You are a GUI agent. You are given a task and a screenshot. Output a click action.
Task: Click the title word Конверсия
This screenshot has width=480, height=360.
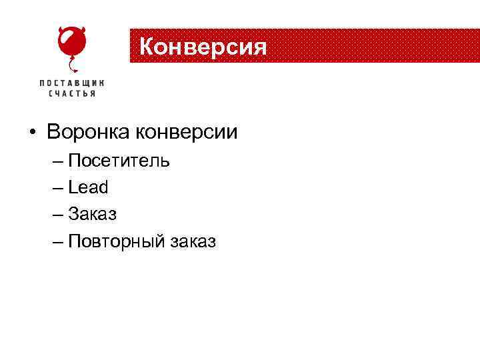click(x=203, y=47)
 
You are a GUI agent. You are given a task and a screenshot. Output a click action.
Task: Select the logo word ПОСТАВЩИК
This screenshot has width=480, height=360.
click(x=72, y=83)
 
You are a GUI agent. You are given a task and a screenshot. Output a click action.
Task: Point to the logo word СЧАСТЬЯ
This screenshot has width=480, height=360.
click(x=72, y=94)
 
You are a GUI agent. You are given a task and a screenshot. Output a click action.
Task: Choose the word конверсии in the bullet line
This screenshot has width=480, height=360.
click(x=187, y=132)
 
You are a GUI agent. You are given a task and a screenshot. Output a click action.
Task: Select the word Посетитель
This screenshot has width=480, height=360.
click(x=119, y=161)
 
